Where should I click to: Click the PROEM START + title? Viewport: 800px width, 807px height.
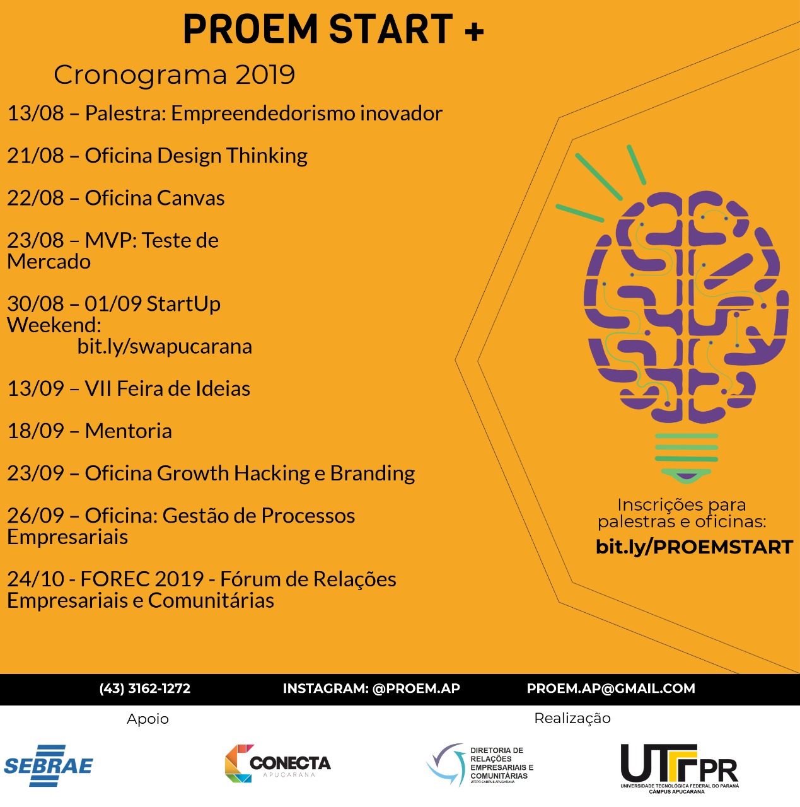coord(333,30)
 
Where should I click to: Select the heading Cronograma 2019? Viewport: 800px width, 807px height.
coord(174,75)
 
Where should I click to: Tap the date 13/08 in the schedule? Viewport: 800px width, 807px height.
coord(35,113)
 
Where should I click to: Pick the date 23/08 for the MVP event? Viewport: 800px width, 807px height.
coord(35,240)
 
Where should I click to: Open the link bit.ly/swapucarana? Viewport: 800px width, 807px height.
coord(165,346)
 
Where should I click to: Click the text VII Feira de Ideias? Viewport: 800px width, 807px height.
coord(167,388)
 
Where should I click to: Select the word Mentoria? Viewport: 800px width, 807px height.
coord(128,431)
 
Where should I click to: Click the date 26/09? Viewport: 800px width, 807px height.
coord(35,516)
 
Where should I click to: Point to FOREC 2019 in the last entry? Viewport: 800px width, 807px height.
coord(142,579)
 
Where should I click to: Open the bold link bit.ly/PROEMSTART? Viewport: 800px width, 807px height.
coord(694,547)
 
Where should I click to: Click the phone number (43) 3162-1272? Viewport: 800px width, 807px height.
coord(144,688)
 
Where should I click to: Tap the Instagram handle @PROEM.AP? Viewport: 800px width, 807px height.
coord(416,688)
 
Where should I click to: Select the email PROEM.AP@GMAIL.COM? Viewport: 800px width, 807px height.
coord(611,688)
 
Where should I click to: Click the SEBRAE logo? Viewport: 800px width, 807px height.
coord(49,765)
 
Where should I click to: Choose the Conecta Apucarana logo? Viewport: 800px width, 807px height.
coord(277,763)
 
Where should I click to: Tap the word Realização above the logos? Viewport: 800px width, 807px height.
coord(572,718)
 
